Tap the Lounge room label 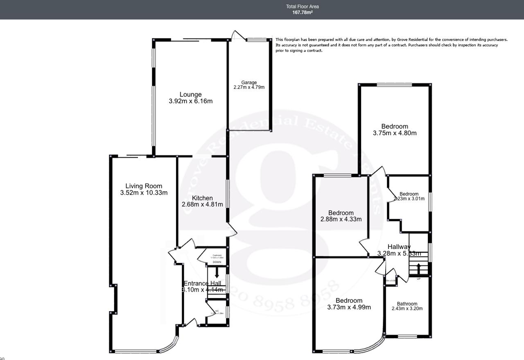(190, 95)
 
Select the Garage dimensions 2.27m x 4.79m (249, 87)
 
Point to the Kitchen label (202, 198)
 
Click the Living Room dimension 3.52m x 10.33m (144, 192)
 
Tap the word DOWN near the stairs (217, 262)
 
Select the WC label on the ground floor (217, 311)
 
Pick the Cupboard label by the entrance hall (217, 255)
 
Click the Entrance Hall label (202, 283)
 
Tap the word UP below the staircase (418, 279)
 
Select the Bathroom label (407, 304)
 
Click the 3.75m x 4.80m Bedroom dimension (395, 133)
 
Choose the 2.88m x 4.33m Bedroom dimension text (341, 219)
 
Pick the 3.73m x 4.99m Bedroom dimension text (349, 307)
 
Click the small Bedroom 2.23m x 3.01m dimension (409, 199)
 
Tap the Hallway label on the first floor (399, 247)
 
